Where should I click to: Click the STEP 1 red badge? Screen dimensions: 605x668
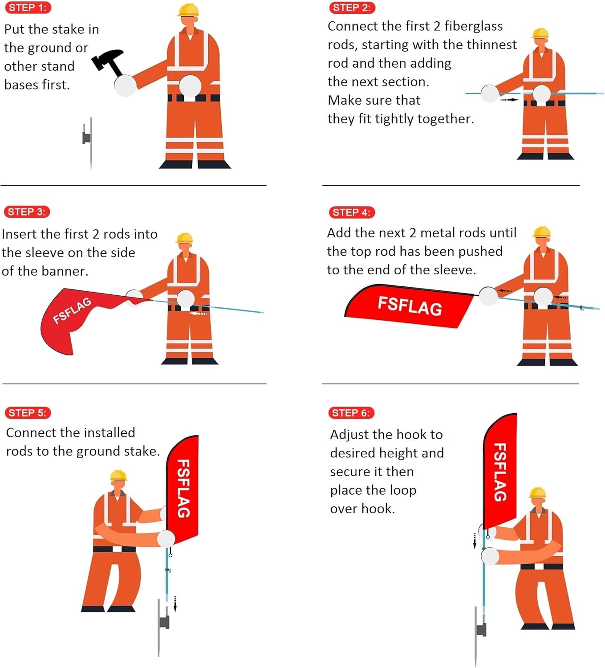(28, 8)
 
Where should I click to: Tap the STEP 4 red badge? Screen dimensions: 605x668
(352, 212)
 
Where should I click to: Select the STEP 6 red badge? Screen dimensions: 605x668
(351, 412)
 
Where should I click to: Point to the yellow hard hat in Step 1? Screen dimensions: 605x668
(188, 10)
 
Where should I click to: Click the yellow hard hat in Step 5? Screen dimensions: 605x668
(119, 475)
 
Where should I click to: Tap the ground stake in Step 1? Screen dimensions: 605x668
(89, 143)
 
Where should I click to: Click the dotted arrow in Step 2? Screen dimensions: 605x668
(509, 99)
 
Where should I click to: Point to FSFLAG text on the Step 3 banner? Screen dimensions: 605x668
(72, 310)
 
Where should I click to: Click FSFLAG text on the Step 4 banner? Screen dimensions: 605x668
(410, 306)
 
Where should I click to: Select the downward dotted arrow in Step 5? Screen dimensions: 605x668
(175, 604)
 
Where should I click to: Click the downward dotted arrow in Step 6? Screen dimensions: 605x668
(475, 541)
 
